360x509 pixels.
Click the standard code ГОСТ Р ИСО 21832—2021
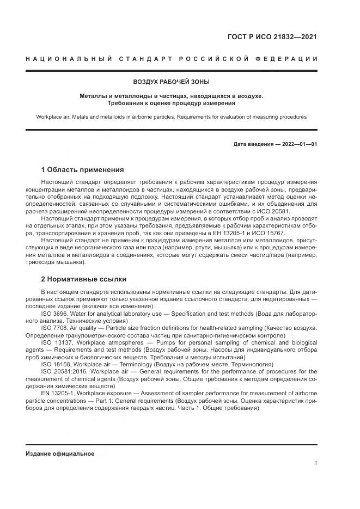coord(272,37)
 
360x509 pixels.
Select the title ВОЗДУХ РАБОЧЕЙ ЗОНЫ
coord(171,82)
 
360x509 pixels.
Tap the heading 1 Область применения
coord(82,169)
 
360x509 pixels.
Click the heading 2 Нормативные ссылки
coord(83,279)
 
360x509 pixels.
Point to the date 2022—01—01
coord(299,144)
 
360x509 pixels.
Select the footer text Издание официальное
coord(60,453)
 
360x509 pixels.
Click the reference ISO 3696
coord(54,314)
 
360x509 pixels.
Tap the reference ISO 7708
coord(54,328)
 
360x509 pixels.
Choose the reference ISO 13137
coord(57,342)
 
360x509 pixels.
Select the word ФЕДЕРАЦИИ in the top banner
coord(288,58)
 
